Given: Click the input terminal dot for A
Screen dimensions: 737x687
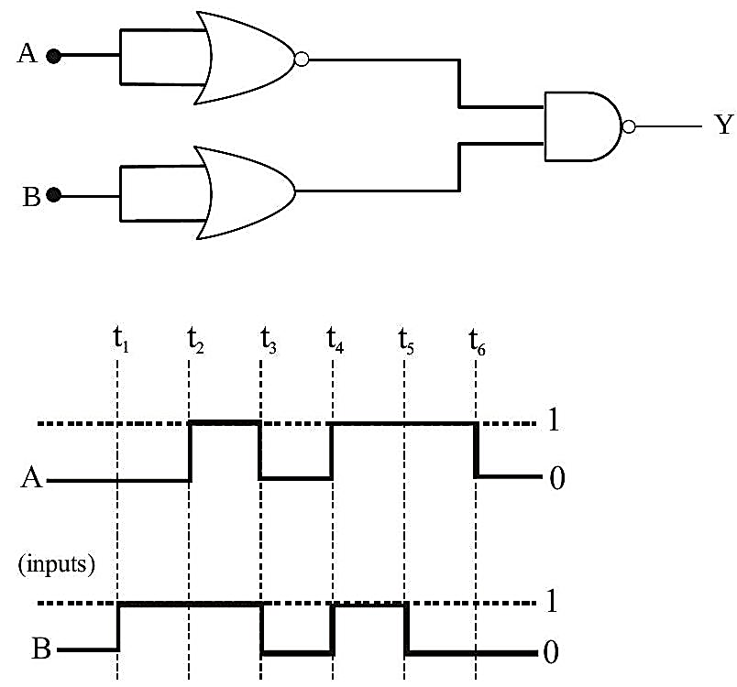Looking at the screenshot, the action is tap(53, 56).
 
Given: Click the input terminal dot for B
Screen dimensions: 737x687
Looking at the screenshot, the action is tap(53, 195).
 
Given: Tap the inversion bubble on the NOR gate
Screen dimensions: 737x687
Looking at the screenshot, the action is tap(302, 60).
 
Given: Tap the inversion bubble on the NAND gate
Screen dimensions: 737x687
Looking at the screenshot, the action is tap(629, 126).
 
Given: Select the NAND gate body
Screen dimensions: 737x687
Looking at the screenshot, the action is tap(583, 126).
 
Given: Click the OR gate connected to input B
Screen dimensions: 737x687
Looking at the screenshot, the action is tap(245, 192).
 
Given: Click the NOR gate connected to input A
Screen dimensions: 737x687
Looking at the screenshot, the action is tap(245, 58).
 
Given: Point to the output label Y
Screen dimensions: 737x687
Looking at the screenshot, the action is tap(724, 125).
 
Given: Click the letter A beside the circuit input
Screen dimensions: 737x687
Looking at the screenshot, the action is tap(27, 53).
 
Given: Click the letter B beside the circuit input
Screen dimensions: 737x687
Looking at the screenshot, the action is tap(31, 197).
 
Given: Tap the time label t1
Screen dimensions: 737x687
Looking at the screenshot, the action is tap(121, 340).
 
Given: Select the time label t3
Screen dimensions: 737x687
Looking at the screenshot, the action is tap(269, 341).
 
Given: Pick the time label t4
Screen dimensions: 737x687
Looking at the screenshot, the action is tap(335, 340).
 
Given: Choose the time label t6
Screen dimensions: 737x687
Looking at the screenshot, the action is tap(477, 342).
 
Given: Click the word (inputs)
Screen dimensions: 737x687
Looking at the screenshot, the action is tap(57, 564).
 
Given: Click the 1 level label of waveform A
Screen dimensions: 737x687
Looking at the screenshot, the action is tap(554, 420).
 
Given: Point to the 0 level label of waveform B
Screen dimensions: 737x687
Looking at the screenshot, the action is tap(551, 652).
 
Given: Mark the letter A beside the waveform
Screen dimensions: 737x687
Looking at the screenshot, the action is tap(31, 478).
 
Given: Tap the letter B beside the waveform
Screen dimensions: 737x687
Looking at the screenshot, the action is tap(41, 649).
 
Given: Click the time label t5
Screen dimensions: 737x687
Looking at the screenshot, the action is tap(406, 341).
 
